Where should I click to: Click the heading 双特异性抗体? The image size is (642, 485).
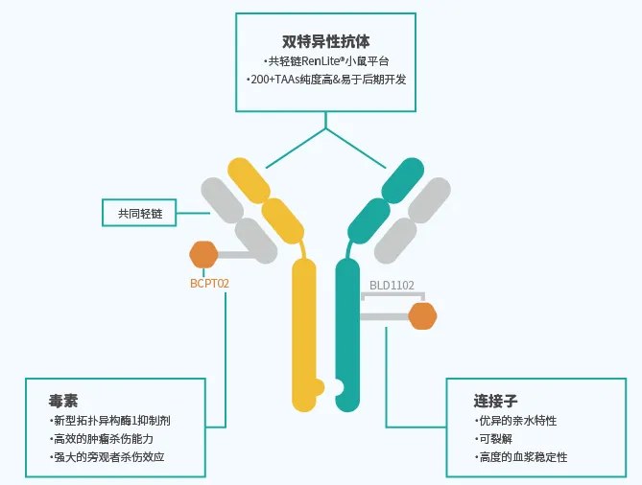(325, 40)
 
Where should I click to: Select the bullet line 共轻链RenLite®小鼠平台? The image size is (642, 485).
(325, 61)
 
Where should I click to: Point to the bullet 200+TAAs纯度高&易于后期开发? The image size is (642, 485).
(325, 80)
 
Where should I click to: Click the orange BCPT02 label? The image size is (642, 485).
(210, 284)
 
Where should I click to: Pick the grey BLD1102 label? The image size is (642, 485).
(392, 285)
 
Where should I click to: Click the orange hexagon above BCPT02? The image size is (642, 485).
(203, 255)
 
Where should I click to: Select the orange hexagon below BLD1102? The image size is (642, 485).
(422, 315)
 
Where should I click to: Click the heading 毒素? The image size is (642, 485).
(63, 401)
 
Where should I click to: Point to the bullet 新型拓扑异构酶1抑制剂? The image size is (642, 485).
(112, 421)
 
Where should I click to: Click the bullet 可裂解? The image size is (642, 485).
(494, 439)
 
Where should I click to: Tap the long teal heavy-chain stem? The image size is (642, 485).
(347, 326)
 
